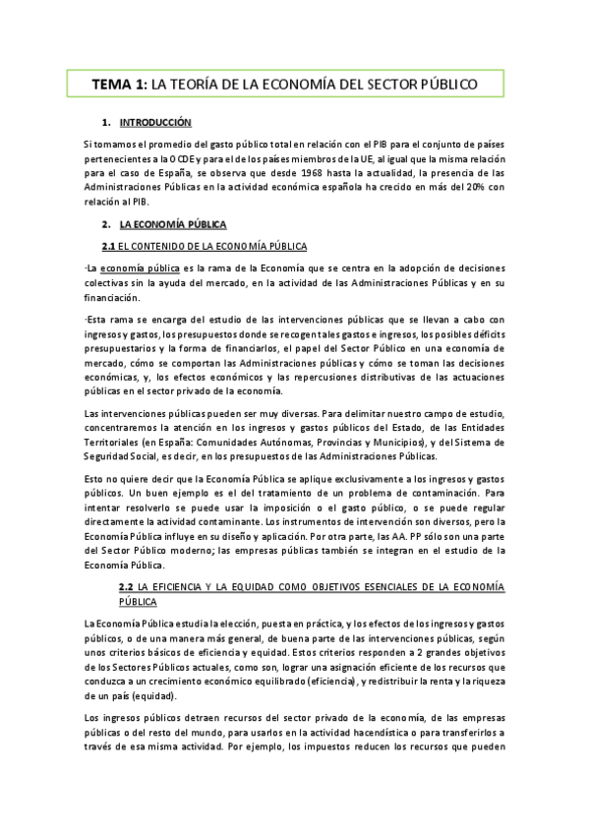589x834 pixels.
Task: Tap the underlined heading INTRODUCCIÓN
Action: [154, 123]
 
